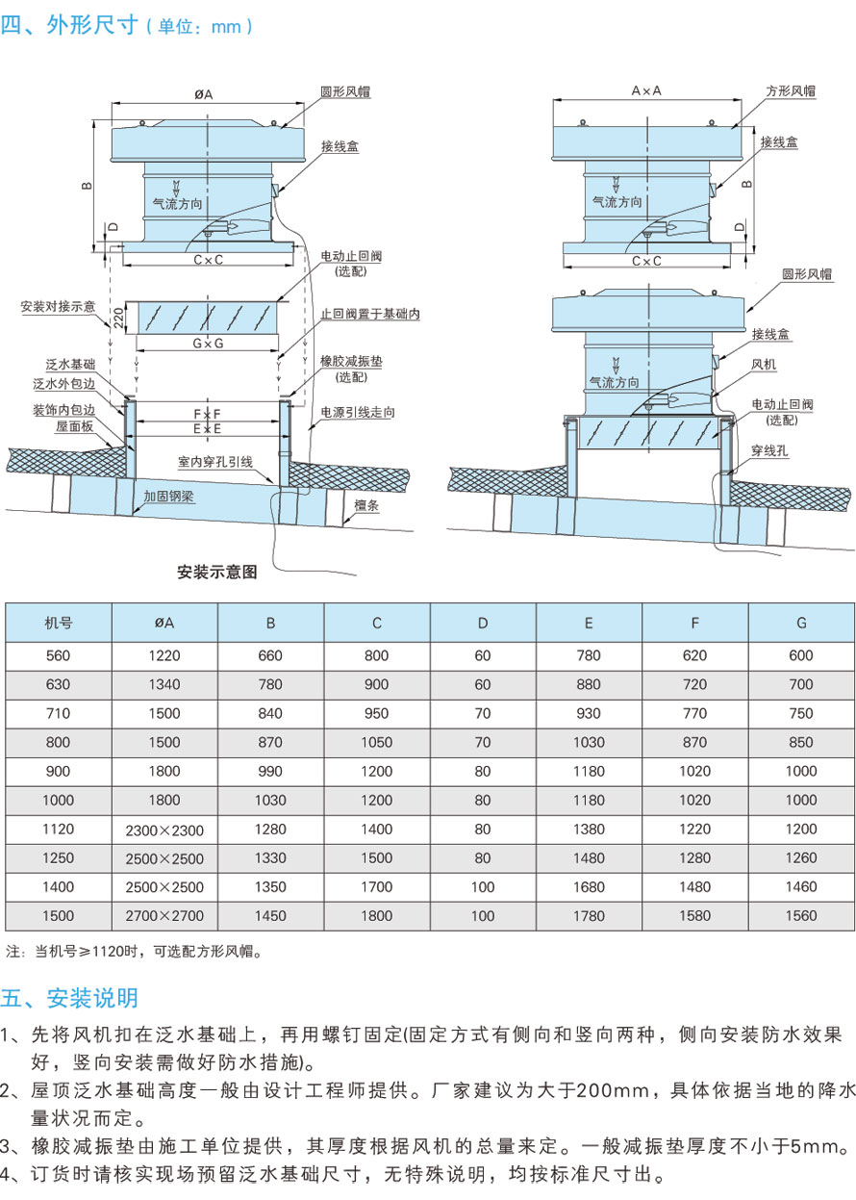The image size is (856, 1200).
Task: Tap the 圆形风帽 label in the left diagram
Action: (x=345, y=92)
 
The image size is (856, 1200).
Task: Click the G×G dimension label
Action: (x=207, y=344)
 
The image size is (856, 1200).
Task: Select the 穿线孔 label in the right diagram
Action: (x=771, y=449)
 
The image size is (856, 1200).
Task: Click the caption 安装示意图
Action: (x=217, y=572)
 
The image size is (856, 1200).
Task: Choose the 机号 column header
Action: (x=59, y=623)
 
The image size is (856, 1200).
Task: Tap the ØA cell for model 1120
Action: (x=164, y=830)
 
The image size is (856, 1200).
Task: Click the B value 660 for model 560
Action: (x=270, y=656)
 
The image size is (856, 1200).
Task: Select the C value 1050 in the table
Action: (x=376, y=743)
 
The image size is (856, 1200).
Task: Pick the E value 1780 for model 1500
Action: (x=588, y=916)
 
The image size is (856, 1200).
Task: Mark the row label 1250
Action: (x=59, y=858)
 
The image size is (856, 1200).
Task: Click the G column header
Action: (x=801, y=623)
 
